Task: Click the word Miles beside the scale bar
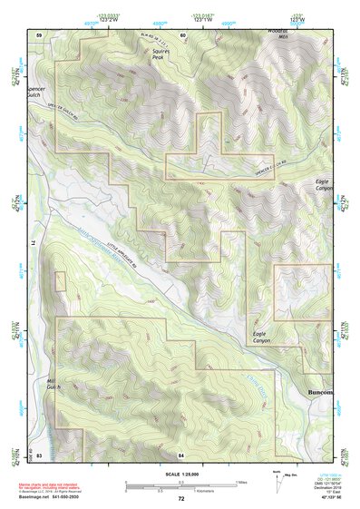[241, 482]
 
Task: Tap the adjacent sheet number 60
[183, 35]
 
